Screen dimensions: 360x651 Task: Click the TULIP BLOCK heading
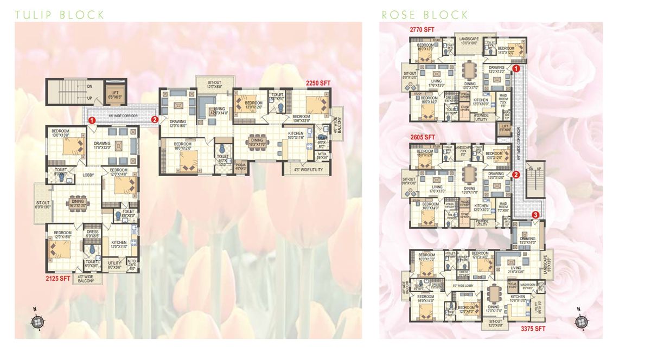60,15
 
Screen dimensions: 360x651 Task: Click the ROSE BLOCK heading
424,15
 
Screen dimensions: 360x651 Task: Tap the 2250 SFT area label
317,83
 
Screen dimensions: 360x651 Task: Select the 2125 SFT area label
58,279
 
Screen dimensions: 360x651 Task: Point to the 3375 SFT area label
533,329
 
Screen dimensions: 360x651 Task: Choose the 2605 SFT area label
423,138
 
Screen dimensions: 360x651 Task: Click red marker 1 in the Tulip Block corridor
92,119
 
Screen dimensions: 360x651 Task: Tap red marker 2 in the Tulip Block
155,119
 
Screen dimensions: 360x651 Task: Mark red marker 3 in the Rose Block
536,215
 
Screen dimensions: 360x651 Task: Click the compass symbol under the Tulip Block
36,321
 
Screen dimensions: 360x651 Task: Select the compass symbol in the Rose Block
582,321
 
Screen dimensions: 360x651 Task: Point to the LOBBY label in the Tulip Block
89,175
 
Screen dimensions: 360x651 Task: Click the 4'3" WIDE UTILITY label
304,170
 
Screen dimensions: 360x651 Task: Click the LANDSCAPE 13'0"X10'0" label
468,41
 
